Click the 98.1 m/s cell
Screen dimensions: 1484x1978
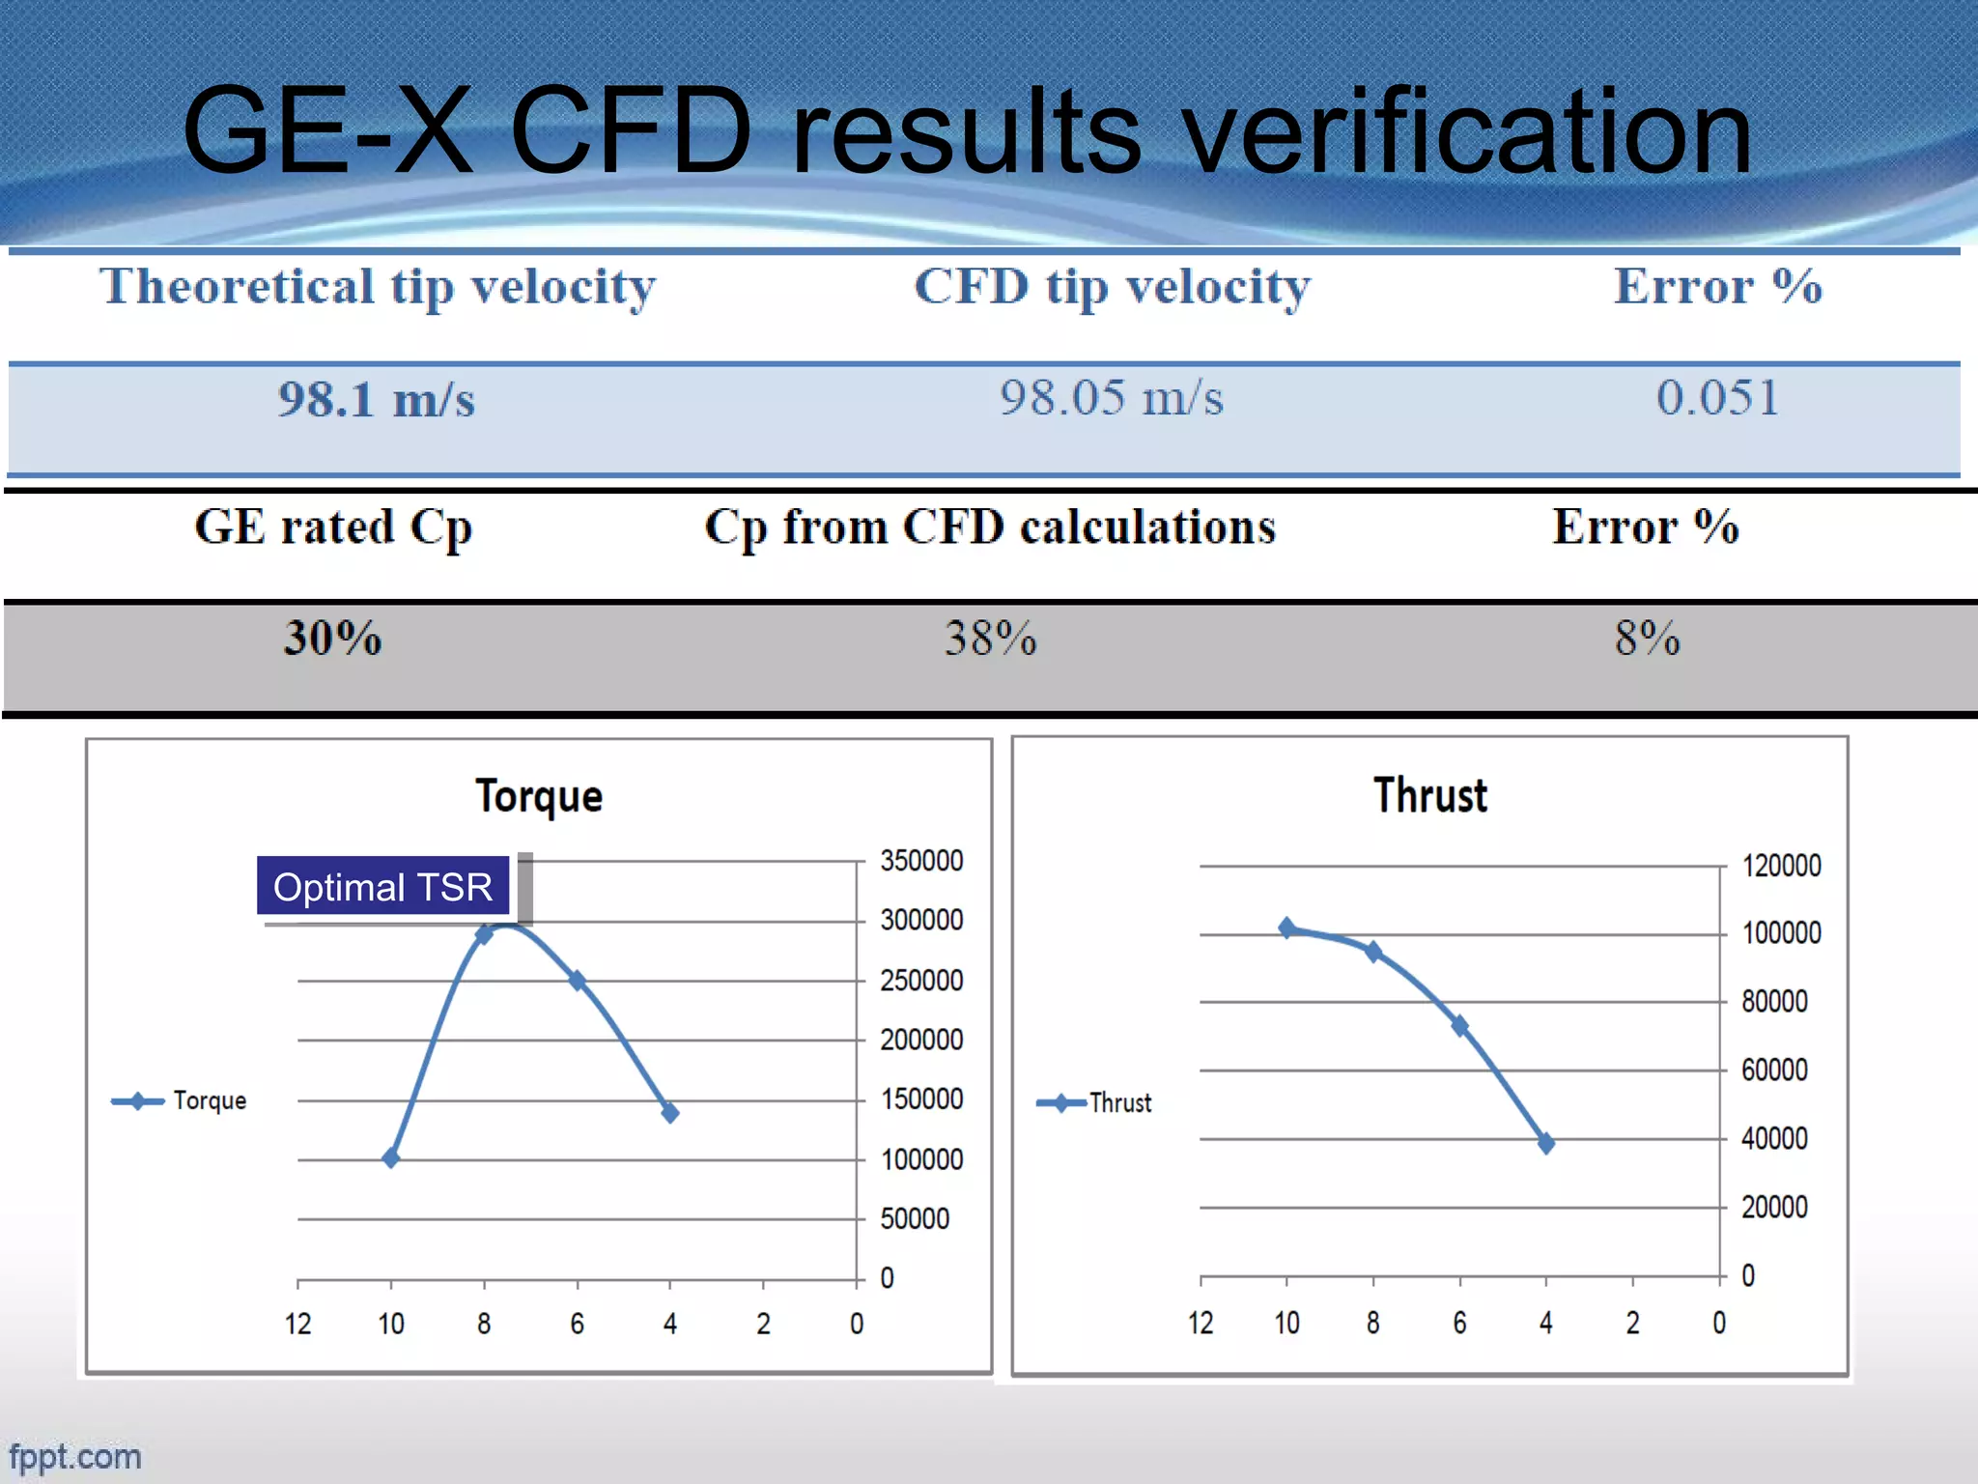click(x=377, y=400)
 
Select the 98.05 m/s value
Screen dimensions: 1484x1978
click(x=1111, y=398)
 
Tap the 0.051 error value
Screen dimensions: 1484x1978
click(x=1717, y=398)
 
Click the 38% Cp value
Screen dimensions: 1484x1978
click(x=990, y=639)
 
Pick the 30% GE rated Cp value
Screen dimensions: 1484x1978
click(x=332, y=639)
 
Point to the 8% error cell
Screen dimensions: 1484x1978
click(x=1647, y=639)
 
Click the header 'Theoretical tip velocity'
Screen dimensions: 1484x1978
click(x=378, y=287)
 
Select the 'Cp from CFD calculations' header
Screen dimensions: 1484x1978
click(x=990, y=528)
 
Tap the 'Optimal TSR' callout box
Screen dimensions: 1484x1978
click(x=382, y=886)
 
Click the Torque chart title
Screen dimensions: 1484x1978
click(x=539, y=796)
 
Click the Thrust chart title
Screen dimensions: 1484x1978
click(x=1430, y=795)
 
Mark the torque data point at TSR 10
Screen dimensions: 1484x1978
click(x=391, y=1157)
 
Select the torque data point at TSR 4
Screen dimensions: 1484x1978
click(x=670, y=1113)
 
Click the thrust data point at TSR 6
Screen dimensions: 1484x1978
click(x=1460, y=1026)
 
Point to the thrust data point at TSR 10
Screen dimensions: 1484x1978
click(x=1287, y=927)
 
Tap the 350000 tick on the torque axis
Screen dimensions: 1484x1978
click(x=921, y=861)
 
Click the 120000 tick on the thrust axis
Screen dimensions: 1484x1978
click(x=1781, y=866)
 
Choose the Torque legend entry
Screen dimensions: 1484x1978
click(x=180, y=1101)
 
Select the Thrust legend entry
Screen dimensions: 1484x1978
click(x=1094, y=1103)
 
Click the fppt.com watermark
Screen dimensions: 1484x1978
click(x=75, y=1456)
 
